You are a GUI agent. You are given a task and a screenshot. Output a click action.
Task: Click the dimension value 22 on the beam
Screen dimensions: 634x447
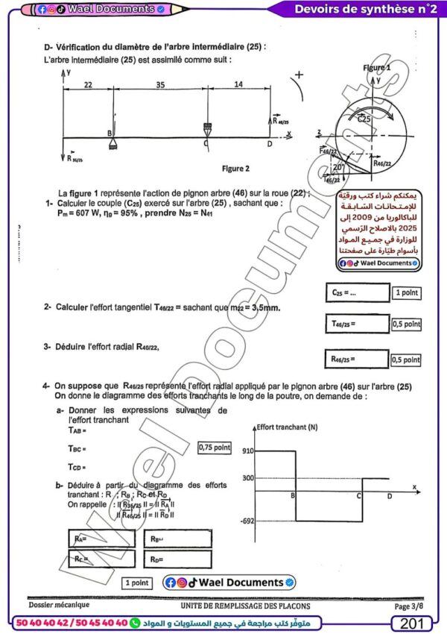coord(88,86)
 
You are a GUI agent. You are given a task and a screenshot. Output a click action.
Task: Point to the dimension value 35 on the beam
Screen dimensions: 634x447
coord(159,86)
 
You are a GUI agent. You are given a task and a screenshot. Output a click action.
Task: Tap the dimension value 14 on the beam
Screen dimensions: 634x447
coord(237,86)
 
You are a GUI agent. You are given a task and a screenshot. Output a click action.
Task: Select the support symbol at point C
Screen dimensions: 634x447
coord(206,128)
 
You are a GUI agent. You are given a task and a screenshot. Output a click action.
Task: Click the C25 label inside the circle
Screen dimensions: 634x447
coord(364,119)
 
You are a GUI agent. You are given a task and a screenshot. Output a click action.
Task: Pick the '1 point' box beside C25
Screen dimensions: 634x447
coord(406,293)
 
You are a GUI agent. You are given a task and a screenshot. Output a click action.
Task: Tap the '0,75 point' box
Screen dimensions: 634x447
coord(215,448)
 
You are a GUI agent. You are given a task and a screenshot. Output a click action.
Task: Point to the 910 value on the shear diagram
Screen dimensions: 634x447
coord(248,451)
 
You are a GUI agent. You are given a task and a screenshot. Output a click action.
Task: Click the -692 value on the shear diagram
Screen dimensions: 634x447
coord(247,521)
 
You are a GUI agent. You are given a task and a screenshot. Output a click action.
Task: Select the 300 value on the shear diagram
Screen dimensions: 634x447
coord(248,478)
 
